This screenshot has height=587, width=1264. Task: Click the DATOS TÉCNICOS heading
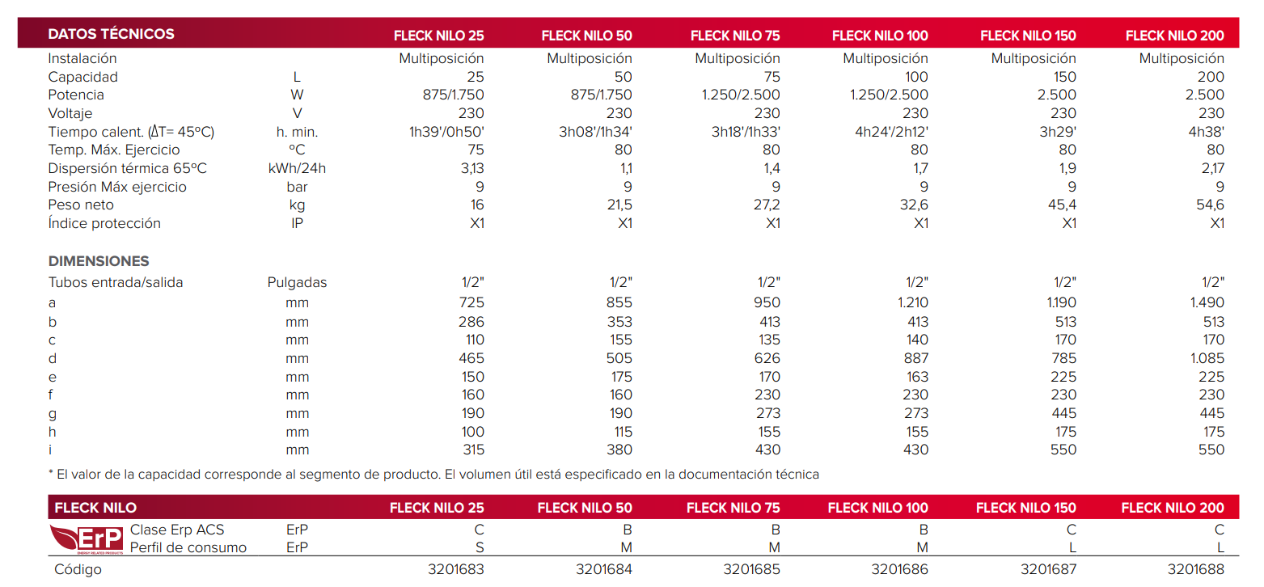pos(111,34)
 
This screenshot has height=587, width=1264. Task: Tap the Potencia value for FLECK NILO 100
pos(889,95)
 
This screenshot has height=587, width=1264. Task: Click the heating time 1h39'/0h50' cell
pos(446,132)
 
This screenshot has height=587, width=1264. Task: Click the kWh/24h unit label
pos(297,168)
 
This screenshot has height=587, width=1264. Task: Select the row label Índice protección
pos(104,223)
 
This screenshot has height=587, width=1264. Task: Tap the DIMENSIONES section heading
pos(99,261)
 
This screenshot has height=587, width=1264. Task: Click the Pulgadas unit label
pos(297,282)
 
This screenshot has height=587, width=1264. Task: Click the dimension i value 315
pos(471,450)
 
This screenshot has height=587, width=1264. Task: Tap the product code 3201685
pos(751,569)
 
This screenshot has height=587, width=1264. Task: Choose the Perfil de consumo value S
pos(479,547)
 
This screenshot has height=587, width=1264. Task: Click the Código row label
pos(78,569)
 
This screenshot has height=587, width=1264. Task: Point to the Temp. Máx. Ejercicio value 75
pos(476,150)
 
